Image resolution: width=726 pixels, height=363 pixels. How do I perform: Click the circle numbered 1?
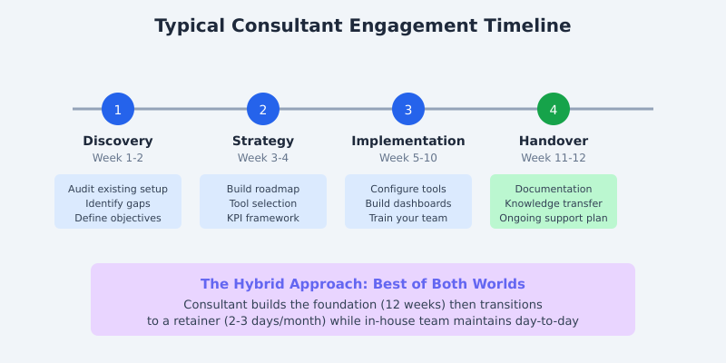point(118,109)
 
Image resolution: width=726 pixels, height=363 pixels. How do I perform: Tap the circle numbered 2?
point(263,109)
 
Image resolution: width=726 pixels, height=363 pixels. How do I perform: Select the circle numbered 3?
point(408,109)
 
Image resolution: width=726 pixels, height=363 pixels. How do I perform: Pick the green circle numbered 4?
point(554,109)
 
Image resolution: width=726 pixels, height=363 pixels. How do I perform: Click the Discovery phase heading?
point(118,141)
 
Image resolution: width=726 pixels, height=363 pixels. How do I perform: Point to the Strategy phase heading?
point(263,141)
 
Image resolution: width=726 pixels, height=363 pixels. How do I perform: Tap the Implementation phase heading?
point(408,141)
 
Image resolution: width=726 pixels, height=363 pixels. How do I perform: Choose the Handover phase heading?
point(554,141)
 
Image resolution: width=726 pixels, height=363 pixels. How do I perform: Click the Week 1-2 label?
point(118,158)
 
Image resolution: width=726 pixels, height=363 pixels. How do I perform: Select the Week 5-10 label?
point(408,158)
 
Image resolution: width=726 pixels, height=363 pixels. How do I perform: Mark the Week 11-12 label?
point(554,158)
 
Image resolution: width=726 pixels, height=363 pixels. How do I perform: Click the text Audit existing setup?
point(118,189)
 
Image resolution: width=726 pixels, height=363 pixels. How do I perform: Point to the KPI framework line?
point(263,218)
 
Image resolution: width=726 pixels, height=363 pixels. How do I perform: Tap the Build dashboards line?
point(408,203)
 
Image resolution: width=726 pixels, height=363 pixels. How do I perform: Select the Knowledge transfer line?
point(554,203)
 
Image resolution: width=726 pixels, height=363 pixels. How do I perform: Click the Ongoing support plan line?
point(554,218)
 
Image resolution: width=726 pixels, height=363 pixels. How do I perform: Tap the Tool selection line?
point(263,203)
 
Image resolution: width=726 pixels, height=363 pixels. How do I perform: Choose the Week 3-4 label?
point(263,158)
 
